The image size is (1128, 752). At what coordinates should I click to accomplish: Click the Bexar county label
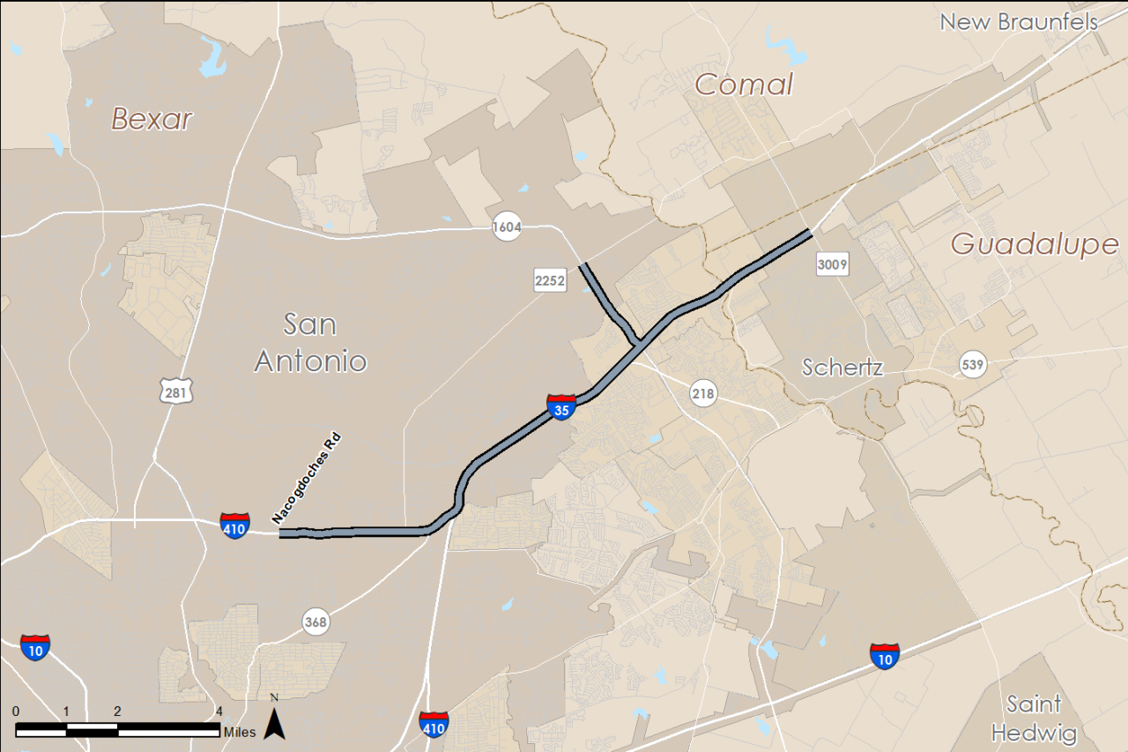[x=152, y=119]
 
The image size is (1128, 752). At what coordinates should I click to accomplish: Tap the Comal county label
[x=744, y=85]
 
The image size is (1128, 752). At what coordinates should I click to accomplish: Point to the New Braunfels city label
[x=1020, y=22]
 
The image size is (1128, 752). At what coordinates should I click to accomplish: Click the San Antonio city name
[x=310, y=342]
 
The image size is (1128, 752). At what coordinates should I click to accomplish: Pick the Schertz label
[x=842, y=368]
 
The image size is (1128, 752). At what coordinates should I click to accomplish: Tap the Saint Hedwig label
[x=1034, y=718]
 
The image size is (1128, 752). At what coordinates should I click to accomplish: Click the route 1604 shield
[x=508, y=227]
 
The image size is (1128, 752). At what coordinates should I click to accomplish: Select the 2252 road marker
[x=549, y=280]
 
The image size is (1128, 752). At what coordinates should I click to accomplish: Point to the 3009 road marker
[x=832, y=263]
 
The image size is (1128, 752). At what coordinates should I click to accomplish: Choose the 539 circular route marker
[x=973, y=364]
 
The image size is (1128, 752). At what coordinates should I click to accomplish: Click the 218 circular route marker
[x=703, y=393]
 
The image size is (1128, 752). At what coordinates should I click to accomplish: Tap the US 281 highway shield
[x=175, y=391]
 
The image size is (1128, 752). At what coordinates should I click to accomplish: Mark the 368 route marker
[x=315, y=622]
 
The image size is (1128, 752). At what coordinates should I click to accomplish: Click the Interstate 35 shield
[x=561, y=407]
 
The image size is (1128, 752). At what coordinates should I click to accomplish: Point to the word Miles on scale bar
[x=240, y=732]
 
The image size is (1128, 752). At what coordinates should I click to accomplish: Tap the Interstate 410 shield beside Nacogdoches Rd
[x=234, y=525]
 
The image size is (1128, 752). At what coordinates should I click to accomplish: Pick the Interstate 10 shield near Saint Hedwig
[x=884, y=655]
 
